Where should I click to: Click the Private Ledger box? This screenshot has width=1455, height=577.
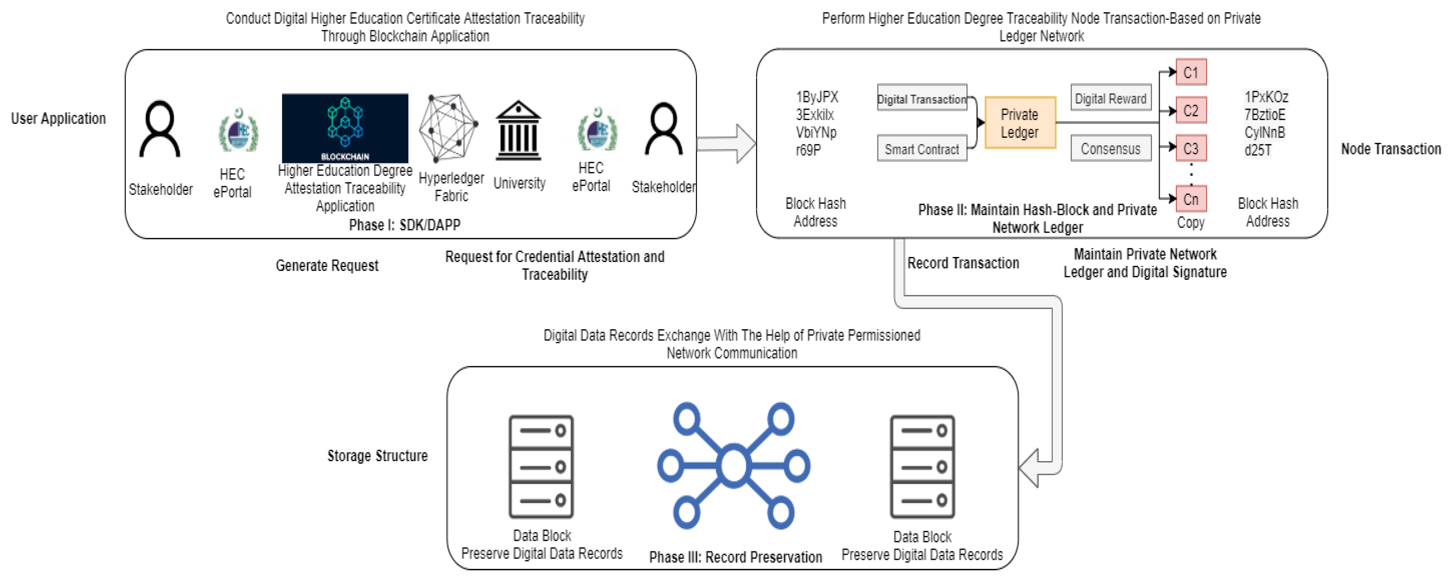pyautogui.click(x=1019, y=123)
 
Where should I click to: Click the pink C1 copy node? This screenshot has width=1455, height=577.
pyautogui.click(x=1191, y=72)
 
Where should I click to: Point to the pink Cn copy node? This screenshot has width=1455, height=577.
pyautogui.click(x=1191, y=199)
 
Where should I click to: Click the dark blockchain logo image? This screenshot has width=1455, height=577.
pyautogui.click(x=344, y=128)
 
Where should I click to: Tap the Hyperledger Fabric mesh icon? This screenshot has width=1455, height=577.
pyautogui.click(x=449, y=127)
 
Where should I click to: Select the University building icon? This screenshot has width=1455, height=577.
pyautogui.click(x=518, y=131)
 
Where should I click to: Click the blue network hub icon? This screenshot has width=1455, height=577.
pyautogui.click(x=733, y=465)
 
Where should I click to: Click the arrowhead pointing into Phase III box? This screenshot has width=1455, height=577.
pyautogui.click(x=1031, y=467)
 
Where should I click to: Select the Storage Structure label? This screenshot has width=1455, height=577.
pyautogui.click(x=377, y=456)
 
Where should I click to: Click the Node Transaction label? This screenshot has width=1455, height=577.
pyautogui.click(x=1391, y=149)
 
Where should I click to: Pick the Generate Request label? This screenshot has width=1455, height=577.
pyautogui.click(x=326, y=265)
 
